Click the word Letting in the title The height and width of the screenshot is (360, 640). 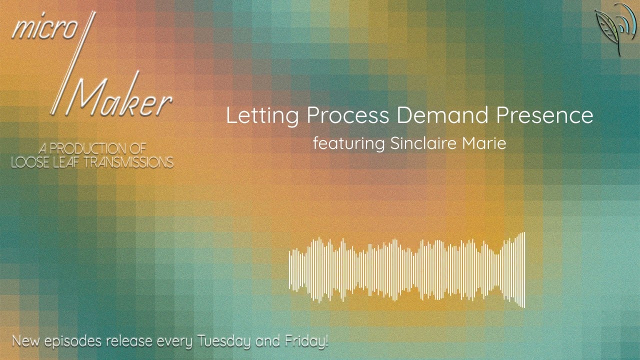[262, 115]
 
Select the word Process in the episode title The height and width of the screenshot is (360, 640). [347, 115]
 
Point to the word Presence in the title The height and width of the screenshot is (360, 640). [544, 115]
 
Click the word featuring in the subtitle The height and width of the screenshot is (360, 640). [348, 144]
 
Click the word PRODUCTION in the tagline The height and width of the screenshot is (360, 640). [97, 149]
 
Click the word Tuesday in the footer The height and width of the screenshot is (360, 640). [225, 342]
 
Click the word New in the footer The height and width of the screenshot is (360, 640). [26, 342]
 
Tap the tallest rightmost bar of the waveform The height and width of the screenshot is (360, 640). [523, 270]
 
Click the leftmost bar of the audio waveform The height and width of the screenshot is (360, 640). [290, 270]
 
